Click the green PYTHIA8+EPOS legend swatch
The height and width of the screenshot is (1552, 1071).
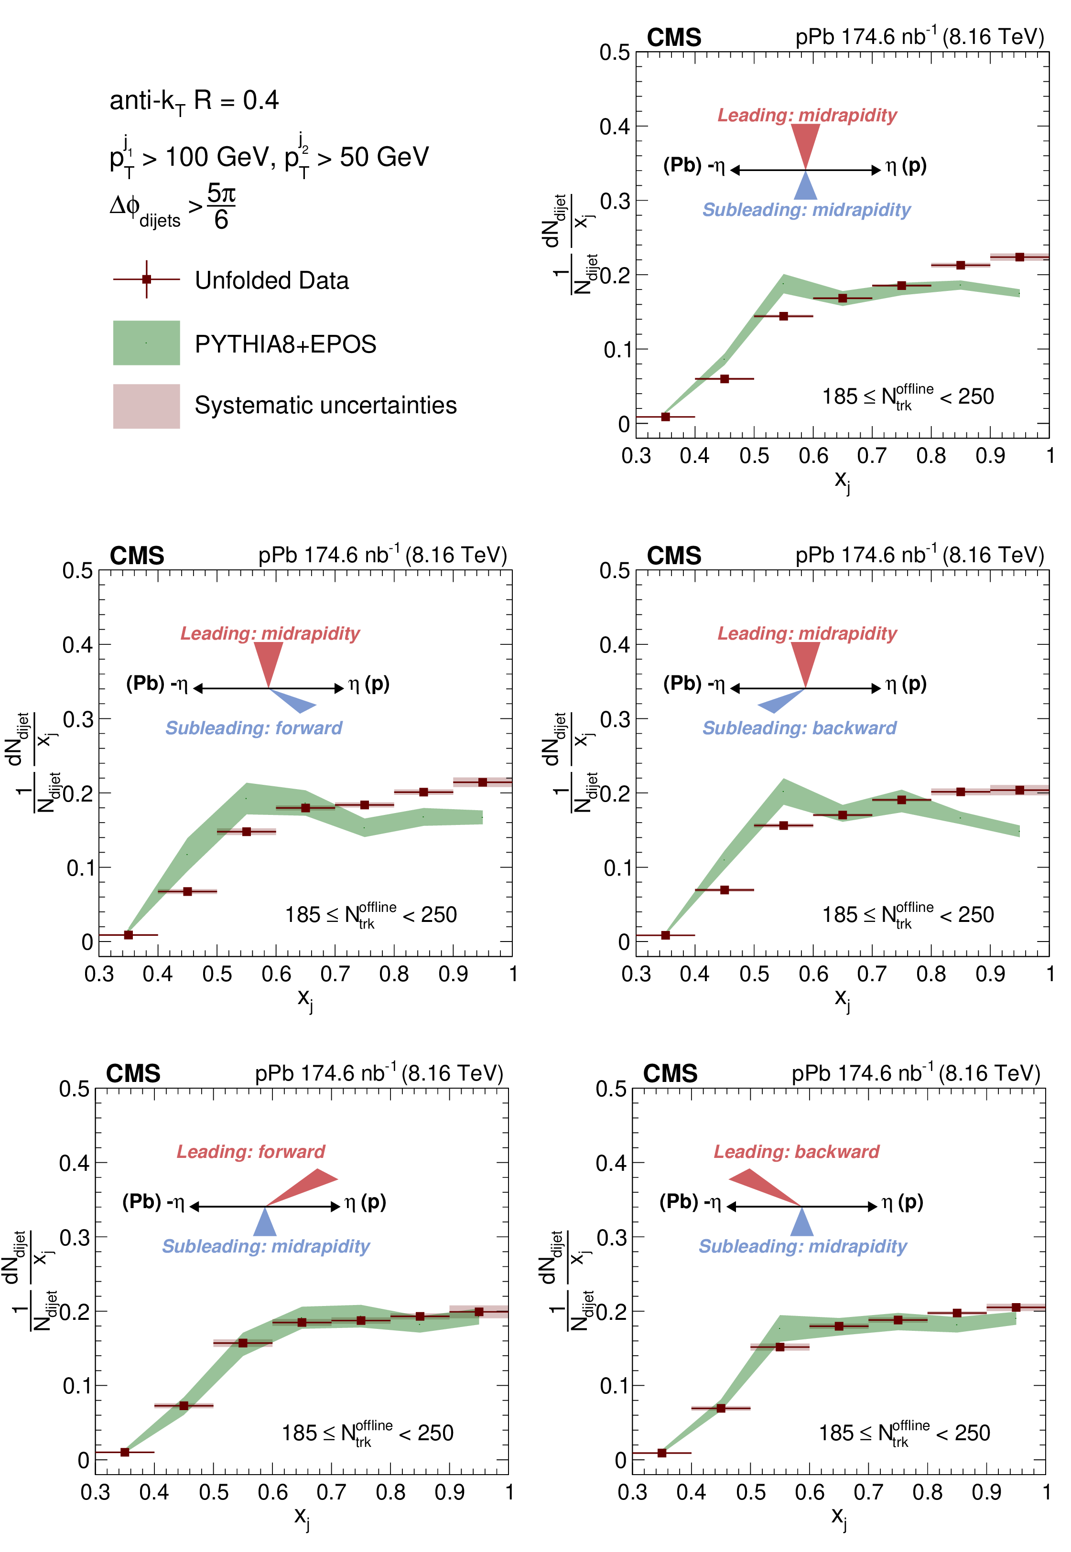click(x=146, y=343)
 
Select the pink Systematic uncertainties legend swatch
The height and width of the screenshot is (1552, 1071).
click(x=146, y=406)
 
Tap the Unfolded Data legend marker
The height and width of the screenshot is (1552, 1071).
click(x=146, y=279)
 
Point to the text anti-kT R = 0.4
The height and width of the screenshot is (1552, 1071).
click(x=194, y=101)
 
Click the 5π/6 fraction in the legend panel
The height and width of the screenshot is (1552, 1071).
click(x=221, y=206)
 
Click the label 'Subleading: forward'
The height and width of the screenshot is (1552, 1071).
click(x=254, y=728)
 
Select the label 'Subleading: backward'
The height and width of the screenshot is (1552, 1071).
click(x=799, y=728)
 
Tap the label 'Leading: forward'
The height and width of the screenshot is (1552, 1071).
click(x=250, y=1152)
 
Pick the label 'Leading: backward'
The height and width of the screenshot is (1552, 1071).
click(x=796, y=1152)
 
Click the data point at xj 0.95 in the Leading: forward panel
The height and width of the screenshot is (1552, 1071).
click(x=478, y=1311)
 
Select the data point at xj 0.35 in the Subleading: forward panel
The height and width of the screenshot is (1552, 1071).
click(x=128, y=935)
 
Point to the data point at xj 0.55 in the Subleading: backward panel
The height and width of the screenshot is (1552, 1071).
click(x=783, y=825)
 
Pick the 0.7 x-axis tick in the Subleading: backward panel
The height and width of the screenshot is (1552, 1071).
click(x=872, y=974)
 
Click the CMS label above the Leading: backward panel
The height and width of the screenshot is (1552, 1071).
click(x=670, y=1074)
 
